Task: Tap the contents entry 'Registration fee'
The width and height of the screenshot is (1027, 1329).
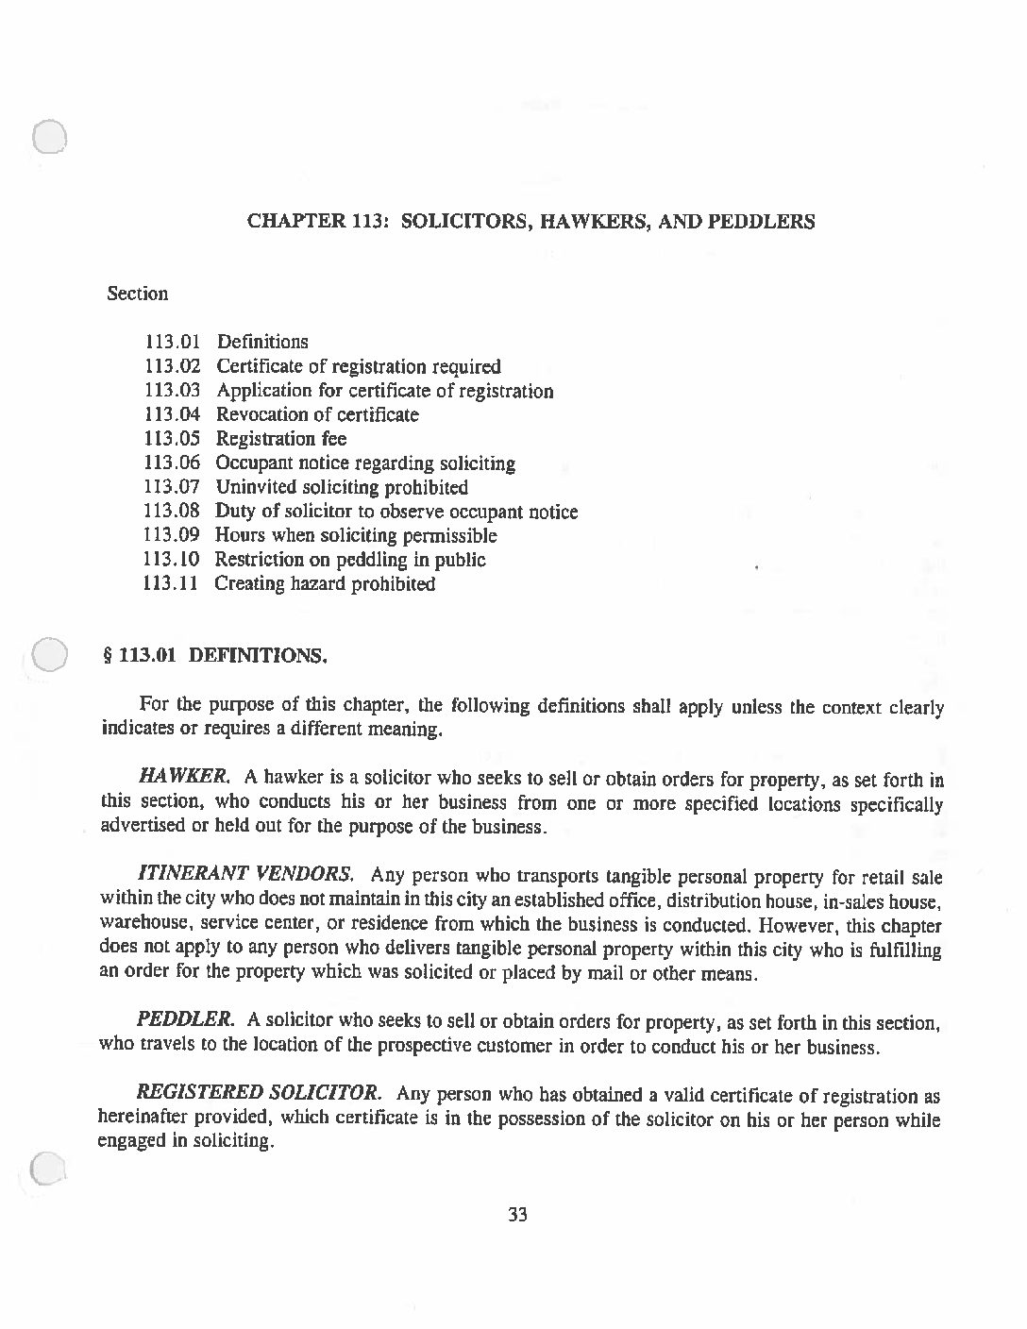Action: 280,439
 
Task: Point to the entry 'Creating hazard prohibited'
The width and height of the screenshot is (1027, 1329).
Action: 325,583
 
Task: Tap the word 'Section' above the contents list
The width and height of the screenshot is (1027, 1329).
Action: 137,294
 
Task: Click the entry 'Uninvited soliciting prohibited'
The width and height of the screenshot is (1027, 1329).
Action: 342,487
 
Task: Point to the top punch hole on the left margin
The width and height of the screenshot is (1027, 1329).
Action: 48,138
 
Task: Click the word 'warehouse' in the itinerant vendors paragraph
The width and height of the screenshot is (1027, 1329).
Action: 140,925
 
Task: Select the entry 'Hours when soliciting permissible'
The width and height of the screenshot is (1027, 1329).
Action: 356,535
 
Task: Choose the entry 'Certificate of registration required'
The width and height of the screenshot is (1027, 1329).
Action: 359,366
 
